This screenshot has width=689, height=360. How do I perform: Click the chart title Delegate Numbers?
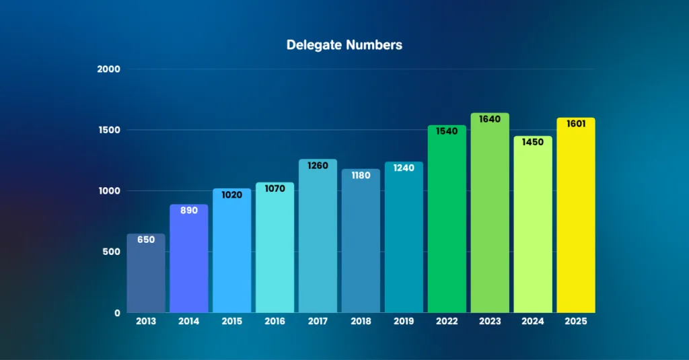(x=344, y=45)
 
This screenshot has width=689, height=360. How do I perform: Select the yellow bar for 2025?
(x=576, y=222)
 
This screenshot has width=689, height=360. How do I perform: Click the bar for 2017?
(x=318, y=242)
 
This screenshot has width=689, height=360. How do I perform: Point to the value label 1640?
(x=490, y=119)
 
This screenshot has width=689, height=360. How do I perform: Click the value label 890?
(x=189, y=210)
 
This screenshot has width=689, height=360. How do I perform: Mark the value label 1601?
(x=576, y=124)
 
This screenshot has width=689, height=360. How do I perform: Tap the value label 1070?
(x=275, y=188)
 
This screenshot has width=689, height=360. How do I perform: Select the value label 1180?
(x=361, y=175)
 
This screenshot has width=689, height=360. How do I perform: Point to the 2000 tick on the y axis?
(x=108, y=69)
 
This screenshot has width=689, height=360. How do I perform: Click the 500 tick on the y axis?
(x=112, y=252)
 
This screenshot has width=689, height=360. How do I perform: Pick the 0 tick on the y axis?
(x=116, y=313)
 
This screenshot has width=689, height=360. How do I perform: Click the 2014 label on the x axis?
(x=189, y=321)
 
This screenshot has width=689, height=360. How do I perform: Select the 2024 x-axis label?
(x=533, y=321)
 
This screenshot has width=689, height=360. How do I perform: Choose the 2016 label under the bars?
(x=275, y=321)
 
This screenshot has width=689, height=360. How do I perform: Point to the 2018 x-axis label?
(x=361, y=321)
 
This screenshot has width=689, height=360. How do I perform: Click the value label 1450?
(x=533, y=142)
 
